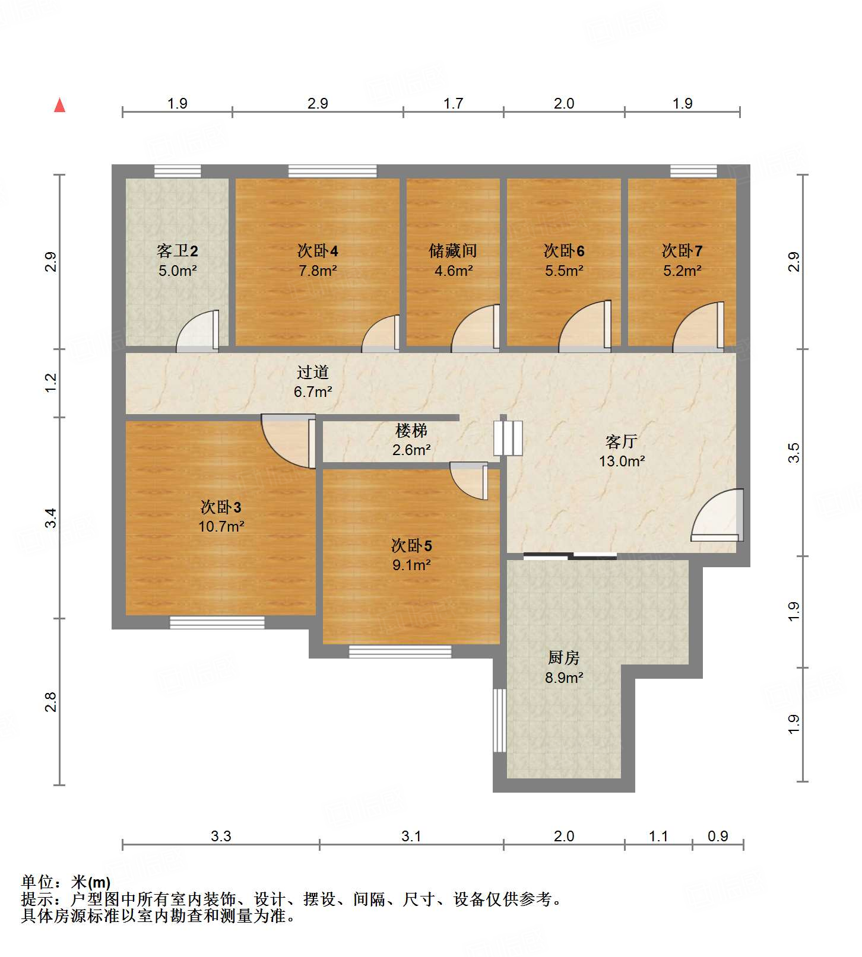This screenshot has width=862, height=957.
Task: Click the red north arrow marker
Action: [59, 106]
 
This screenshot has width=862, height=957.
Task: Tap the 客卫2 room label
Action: [177, 251]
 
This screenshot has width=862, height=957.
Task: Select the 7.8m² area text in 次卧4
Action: [318, 271]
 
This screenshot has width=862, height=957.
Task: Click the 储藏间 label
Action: [453, 251]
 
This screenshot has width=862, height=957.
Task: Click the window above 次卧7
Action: [693, 171]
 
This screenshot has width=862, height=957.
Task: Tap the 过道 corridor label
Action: [313, 373]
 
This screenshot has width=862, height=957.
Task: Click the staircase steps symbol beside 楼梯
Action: [508, 438]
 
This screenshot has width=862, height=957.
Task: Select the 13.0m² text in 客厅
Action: [622, 461]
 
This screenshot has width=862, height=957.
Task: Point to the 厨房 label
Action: [563, 658]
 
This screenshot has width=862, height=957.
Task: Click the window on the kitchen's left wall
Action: [500, 720]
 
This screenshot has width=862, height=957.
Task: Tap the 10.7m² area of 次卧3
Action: [221, 526]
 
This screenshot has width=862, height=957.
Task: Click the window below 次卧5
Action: [400, 651]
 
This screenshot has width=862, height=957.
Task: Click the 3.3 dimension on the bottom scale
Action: [221, 837]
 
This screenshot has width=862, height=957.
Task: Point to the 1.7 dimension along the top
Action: [453, 104]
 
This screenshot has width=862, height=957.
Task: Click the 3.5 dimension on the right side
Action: [794, 453]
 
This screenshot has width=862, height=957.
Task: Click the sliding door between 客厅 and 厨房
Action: [570, 557]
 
